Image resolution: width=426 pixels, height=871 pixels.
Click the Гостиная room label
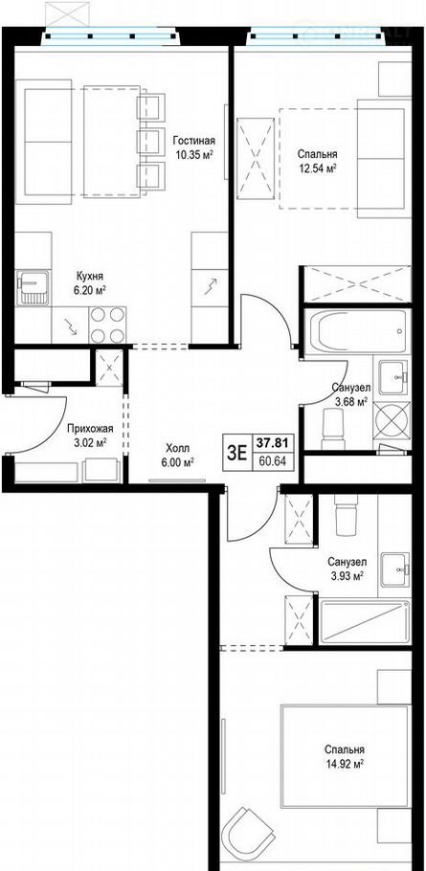pyautogui.click(x=193, y=140)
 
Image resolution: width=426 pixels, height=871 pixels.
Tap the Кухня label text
pyautogui.click(x=90, y=276)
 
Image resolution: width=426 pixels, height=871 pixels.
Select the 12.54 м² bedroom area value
pyautogui.click(x=317, y=167)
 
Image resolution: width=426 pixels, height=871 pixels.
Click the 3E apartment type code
pyautogui.click(x=236, y=454)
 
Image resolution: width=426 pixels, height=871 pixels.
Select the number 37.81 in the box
pyautogui.click(x=271, y=443)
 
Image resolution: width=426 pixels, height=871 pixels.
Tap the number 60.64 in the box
pyautogui.click(x=271, y=461)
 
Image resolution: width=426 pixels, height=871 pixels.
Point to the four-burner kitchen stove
pyautogui.click(x=107, y=325)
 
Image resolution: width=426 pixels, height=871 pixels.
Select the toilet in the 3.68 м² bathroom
pyautogui.click(x=333, y=429)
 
